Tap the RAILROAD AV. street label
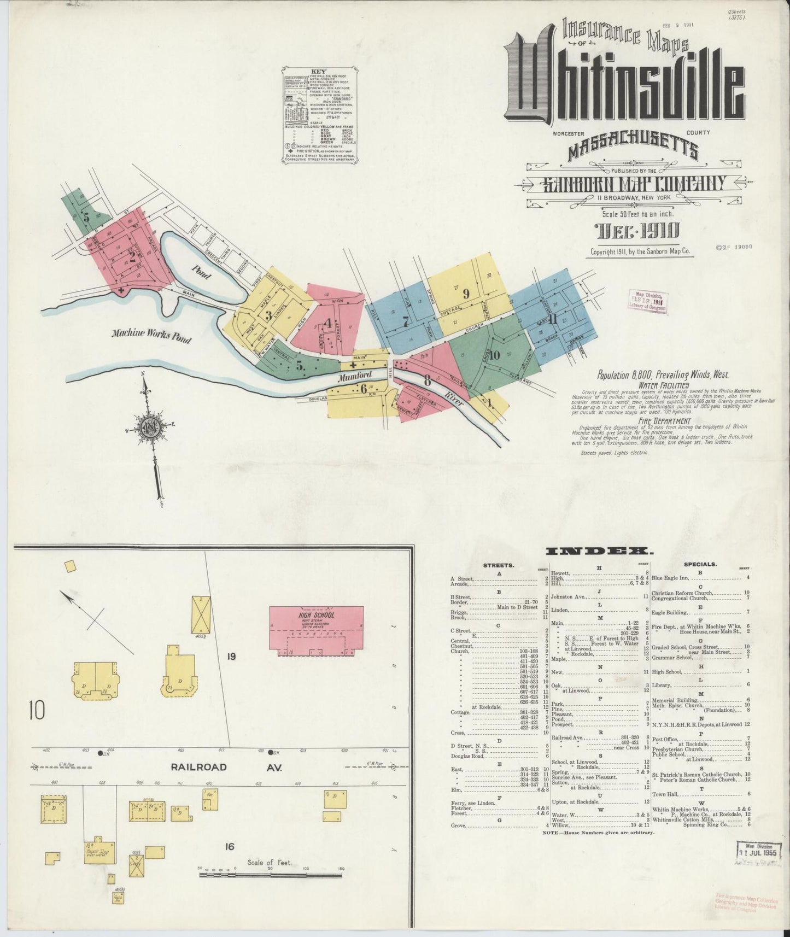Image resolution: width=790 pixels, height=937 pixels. (x=226, y=767)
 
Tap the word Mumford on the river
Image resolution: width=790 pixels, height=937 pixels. (x=354, y=376)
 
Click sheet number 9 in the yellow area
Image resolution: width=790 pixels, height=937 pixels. (x=466, y=294)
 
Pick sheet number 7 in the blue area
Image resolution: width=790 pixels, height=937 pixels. (x=405, y=322)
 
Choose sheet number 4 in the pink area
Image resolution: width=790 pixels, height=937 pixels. (x=327, y=323)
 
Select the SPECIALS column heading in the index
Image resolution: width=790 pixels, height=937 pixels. (x=700, y=564)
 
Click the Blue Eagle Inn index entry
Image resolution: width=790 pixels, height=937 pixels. (x=672, y=577)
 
